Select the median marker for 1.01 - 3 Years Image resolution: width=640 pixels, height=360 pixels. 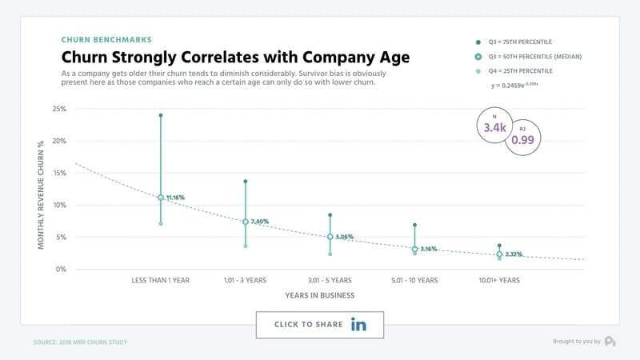pos(245,222)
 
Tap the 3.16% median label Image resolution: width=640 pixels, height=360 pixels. pos(430,249)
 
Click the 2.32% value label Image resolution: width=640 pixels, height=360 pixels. pos(514,254)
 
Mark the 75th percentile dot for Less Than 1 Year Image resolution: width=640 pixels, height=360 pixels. pos(161,115)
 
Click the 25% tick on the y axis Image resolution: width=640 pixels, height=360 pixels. pos(59,109)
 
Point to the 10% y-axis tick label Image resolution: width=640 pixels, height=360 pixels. pos(59,205)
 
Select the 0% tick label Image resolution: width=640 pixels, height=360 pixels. pos(61,269)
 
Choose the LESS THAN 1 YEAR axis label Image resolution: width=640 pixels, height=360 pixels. pos(161,281)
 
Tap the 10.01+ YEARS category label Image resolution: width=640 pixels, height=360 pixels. pos(499,281)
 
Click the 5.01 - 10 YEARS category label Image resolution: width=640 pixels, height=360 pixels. pos(414,281)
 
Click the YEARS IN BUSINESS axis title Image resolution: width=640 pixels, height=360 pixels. pos(320,295)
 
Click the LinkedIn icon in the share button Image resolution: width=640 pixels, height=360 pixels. pos(358,324)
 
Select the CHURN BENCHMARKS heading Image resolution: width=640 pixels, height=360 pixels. pos(106,39)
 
